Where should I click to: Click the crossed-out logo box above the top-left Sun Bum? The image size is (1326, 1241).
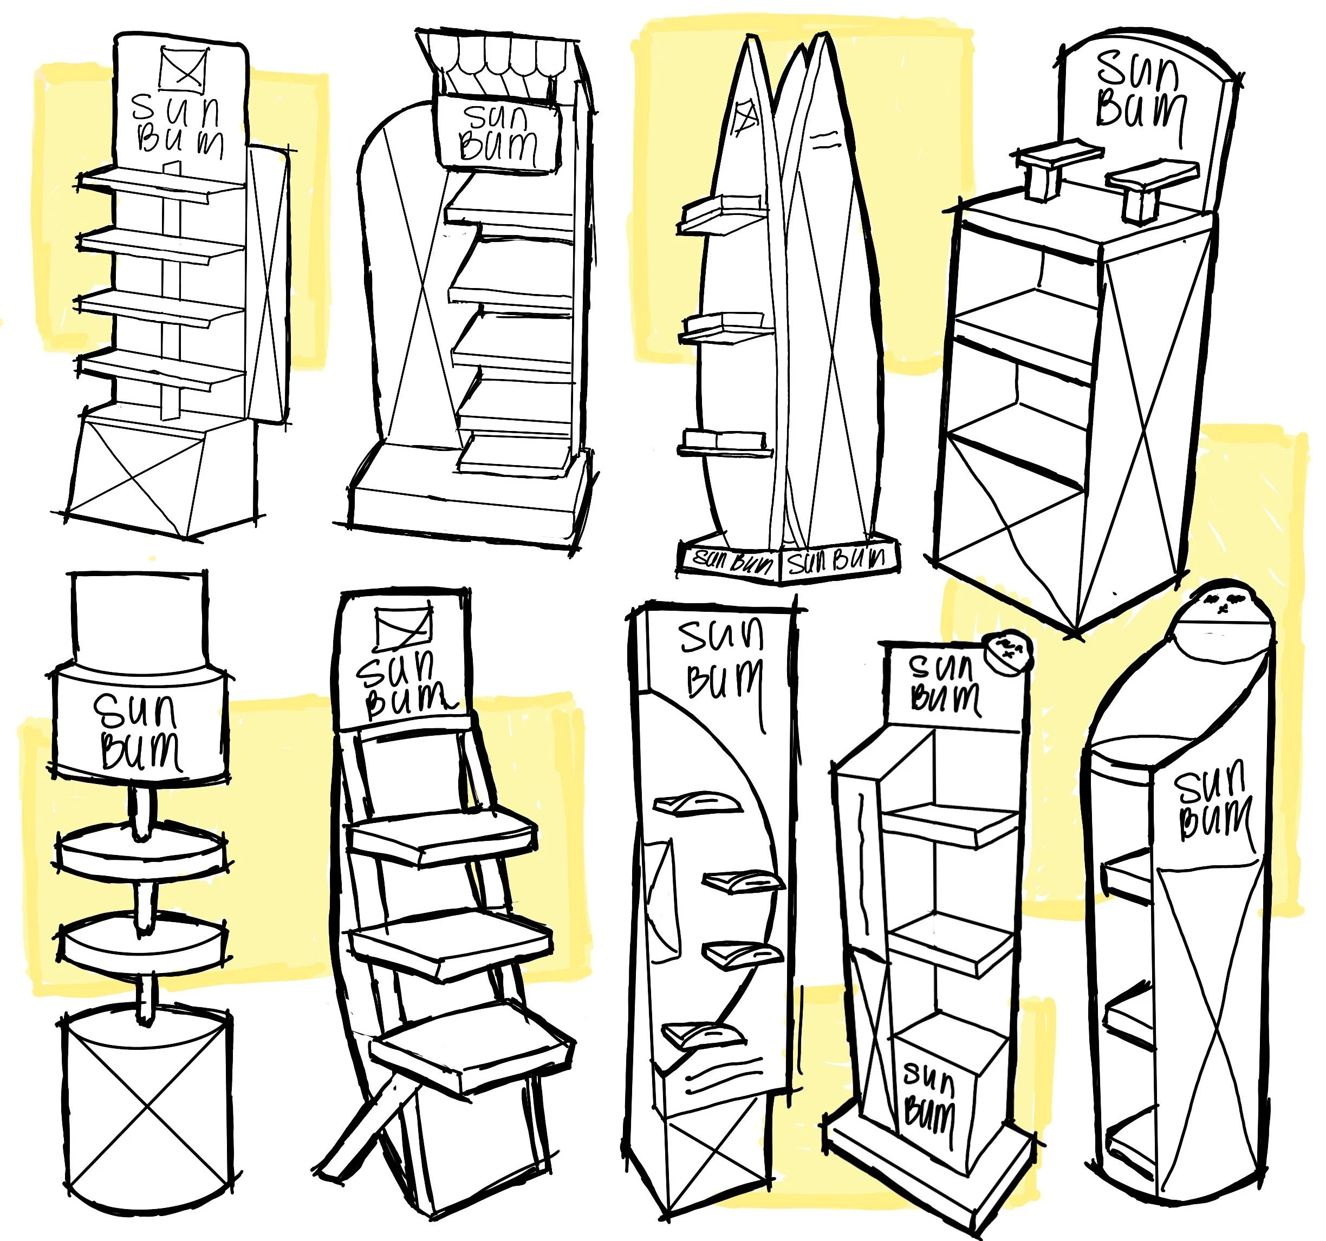point(183,67)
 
